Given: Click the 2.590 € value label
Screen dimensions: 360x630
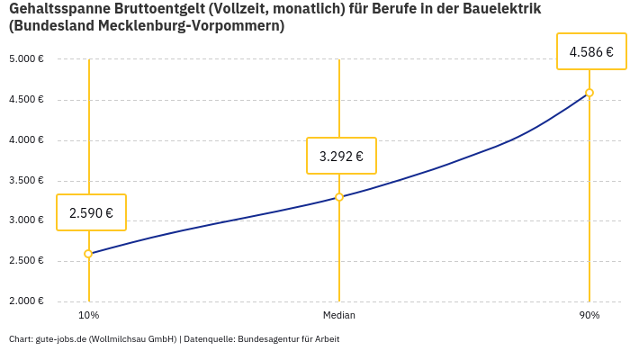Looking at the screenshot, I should click(x=91, y=213).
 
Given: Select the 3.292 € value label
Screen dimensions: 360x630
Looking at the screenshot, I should click(x=341, y=156).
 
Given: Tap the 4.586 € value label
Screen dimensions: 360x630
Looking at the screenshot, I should click(x=591, y=52).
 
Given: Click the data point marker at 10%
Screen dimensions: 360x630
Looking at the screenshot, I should click(x=88, y=254).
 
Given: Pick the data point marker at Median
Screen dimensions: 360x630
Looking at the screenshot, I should click(x=339, y=197).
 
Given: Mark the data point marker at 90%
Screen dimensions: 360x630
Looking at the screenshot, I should click(x=589, y=93).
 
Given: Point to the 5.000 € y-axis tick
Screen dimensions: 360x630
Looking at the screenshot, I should click(x=26, y=59).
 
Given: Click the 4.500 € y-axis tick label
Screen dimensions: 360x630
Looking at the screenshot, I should click(x=26, y=100).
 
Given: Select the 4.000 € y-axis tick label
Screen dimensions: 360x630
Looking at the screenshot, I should click(x=26, y=140).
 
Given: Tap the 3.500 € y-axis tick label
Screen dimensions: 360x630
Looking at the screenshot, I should click(x=26, y=181).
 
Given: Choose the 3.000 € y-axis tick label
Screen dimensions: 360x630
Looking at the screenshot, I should click(x=26, y=220).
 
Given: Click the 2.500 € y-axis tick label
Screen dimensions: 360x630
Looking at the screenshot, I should click(x=26, y=261).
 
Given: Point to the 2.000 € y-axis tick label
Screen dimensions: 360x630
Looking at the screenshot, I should click(x=26, y=301).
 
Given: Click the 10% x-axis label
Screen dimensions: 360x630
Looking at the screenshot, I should click(x=88, y=316).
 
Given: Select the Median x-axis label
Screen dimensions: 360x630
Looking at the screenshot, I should click(x=339, y=316).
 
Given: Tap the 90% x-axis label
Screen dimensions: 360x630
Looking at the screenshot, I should click(x=589, y=316).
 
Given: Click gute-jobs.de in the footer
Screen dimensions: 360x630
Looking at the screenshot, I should click(x=60, y=339).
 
